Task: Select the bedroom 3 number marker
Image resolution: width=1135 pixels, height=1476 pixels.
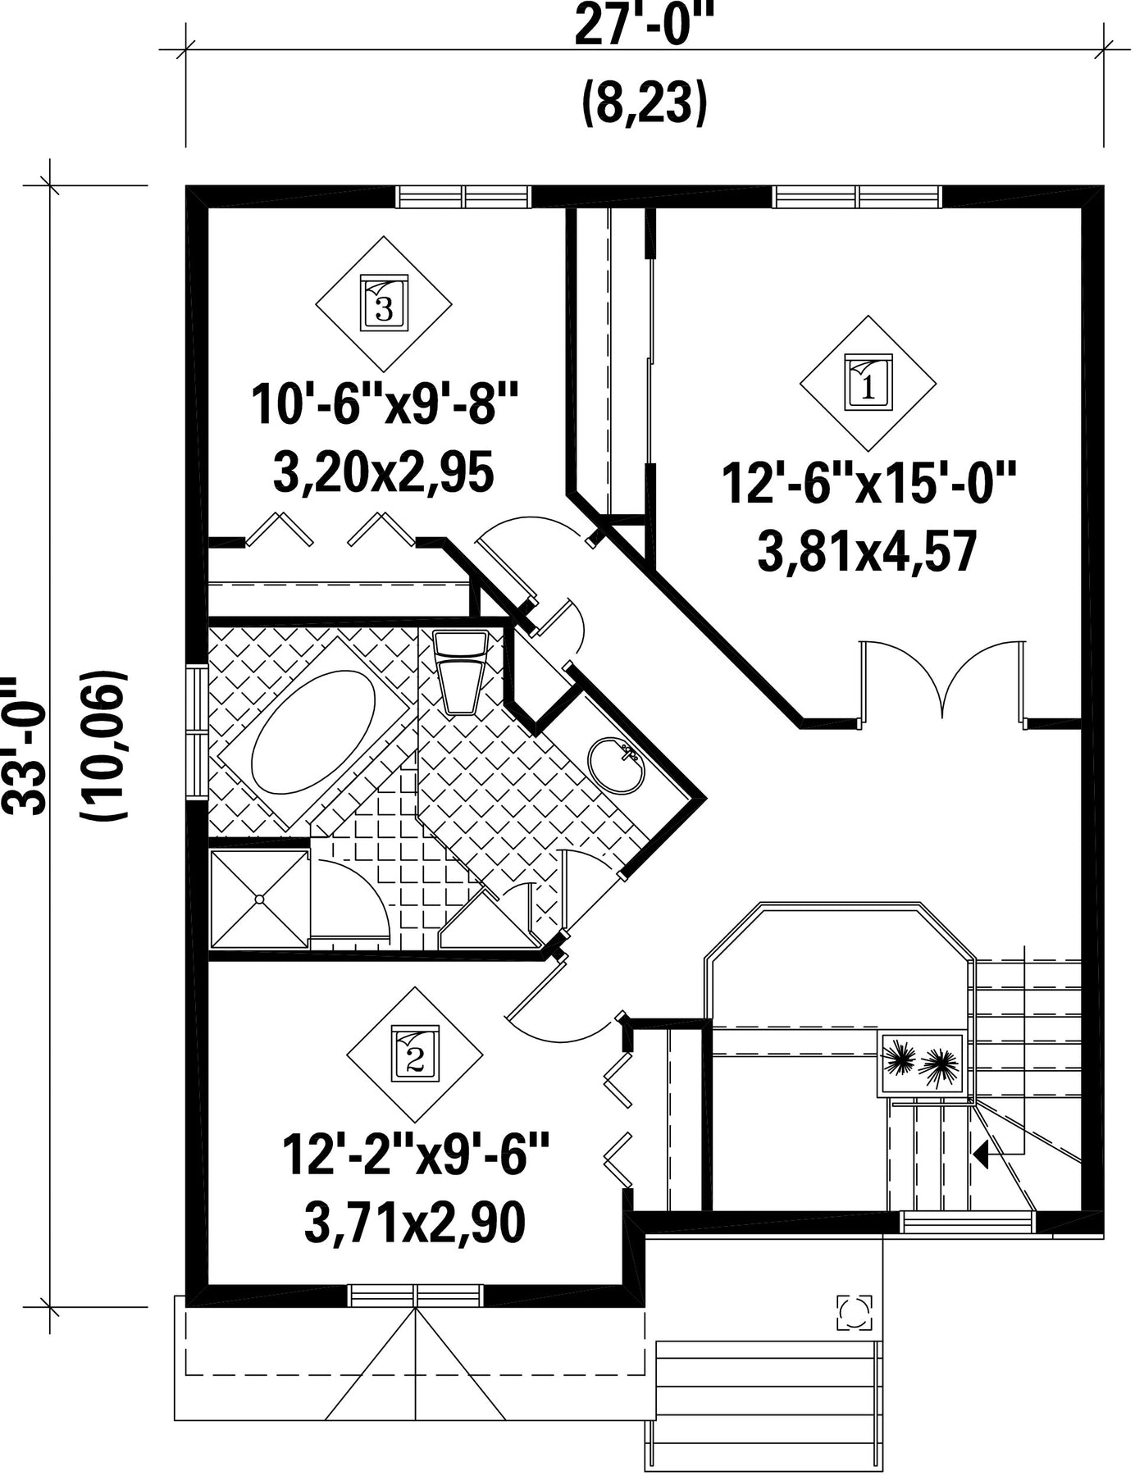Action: click(x=384, y=303)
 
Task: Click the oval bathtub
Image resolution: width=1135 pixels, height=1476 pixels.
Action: click(x=312, y=732)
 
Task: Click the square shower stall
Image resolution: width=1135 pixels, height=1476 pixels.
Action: click(x=259, y=900)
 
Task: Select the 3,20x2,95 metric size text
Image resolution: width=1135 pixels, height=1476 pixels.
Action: click(x=383, y=473)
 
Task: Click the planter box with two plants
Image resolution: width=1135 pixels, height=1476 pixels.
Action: click(x=922, y=1064)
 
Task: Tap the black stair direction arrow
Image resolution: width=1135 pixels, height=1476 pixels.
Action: click(x=982, y=1155)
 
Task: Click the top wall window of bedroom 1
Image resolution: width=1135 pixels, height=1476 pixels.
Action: click(x=858, y=197)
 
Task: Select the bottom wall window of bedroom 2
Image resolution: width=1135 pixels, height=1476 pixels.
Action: click(x=415, y=1295)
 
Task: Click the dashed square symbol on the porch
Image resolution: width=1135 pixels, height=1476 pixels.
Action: click(x=855, y=1313)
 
